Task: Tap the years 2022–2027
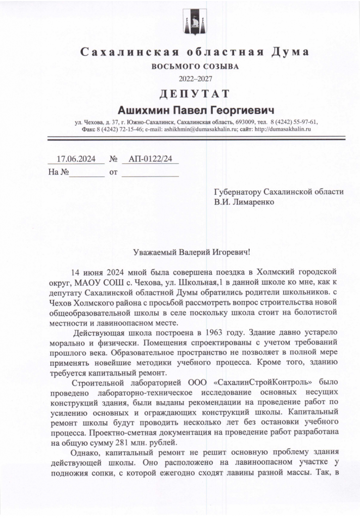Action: (x=195, y=78)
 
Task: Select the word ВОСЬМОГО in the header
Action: (x=174, y=66)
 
